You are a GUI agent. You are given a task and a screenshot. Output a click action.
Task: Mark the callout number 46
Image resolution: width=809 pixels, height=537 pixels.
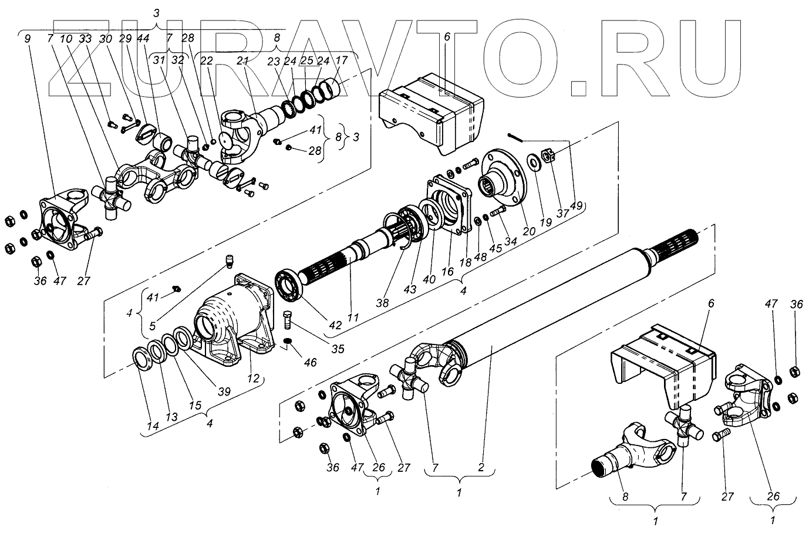(309, 363)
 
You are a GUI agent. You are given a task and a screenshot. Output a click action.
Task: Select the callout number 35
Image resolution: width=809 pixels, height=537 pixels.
(337, 349)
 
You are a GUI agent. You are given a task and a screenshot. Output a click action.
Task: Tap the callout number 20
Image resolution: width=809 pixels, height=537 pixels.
(530, 231)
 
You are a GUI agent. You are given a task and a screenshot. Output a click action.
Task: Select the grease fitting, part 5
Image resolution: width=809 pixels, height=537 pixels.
(230, 259)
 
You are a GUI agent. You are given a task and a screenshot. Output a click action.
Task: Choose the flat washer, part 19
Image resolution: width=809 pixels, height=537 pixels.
(535, 161)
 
